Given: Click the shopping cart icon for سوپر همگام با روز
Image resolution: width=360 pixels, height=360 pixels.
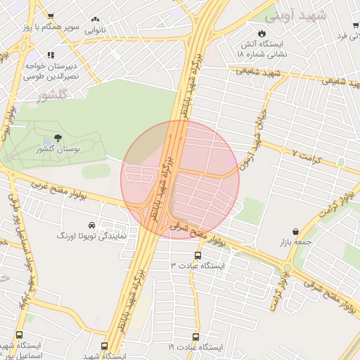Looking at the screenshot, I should point(50,15).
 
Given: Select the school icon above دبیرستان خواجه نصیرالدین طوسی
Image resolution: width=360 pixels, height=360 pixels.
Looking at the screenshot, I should point(50,55).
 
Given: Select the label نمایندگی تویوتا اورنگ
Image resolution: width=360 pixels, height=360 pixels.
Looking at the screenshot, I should point(91,236).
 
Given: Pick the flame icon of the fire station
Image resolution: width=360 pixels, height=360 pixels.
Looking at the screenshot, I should point(262,32).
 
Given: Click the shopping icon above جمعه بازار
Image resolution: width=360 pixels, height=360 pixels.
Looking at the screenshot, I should point(295,231).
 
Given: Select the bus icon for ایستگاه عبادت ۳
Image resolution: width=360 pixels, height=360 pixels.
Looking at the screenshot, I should point(198,255).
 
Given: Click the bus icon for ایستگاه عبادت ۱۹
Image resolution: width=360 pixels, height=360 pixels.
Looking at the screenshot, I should point(195,337).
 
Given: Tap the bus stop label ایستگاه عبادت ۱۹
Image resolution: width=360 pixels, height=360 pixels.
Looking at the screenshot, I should point(195,348).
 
